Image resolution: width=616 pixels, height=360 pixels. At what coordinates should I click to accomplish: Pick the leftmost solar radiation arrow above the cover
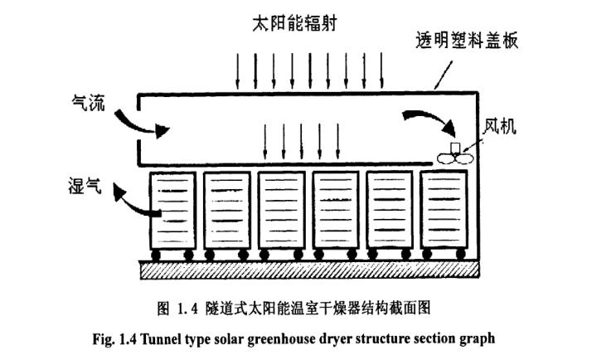click(x=238, y=71)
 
